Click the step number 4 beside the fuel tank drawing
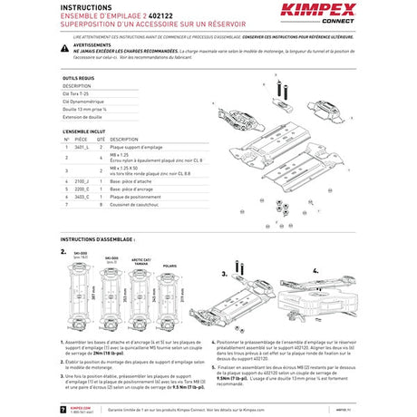[x=314, y=270]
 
